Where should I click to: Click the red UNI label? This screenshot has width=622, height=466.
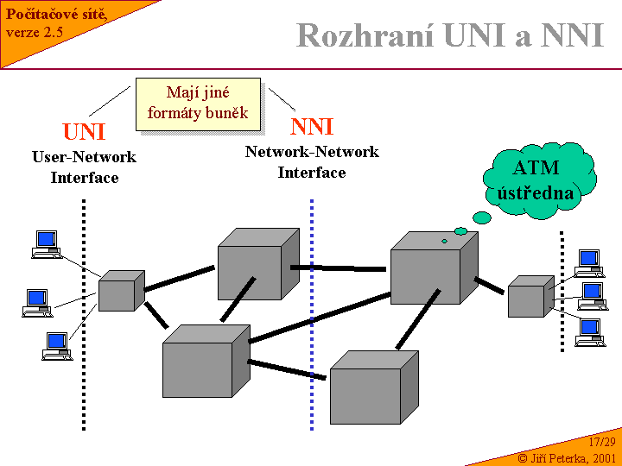coord(84,132)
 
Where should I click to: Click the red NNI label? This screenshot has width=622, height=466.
coord(312,128)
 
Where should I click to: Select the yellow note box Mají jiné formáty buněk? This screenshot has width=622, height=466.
coord(198,104)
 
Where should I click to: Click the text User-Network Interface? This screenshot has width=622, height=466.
coord(84,167)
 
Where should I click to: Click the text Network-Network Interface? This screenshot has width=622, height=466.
coord(312,162)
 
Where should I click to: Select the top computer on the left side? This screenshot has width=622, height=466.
coord(46,244)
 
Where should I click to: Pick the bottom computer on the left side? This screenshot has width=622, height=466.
coord(56,346)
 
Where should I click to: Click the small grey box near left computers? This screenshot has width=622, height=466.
coord(119,291)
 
